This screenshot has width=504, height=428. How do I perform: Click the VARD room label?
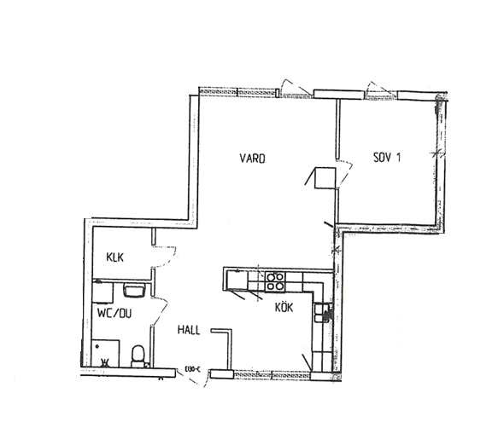[253, 159]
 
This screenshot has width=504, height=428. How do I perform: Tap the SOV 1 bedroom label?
[387, 157]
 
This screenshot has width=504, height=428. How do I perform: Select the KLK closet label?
[115, 257]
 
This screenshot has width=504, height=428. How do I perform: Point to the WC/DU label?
[114, 314]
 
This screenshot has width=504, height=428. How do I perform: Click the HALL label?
[189, 330]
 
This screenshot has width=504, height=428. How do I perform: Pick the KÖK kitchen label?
[284, 308]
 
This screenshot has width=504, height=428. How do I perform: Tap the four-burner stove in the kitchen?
[274, 281]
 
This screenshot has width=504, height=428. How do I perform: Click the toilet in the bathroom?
[138, 356]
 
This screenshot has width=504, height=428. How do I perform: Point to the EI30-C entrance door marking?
[193, 370]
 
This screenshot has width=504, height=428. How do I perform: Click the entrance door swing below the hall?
[196, 379]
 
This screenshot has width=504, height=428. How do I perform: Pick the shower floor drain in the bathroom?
[97, 346]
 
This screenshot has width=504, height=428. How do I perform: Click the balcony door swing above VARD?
[293, 86]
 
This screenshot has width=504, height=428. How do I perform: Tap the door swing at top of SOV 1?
[379, 87]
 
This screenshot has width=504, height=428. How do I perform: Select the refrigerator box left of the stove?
[237, 281]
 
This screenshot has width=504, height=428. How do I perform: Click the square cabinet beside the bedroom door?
[325, 177]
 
